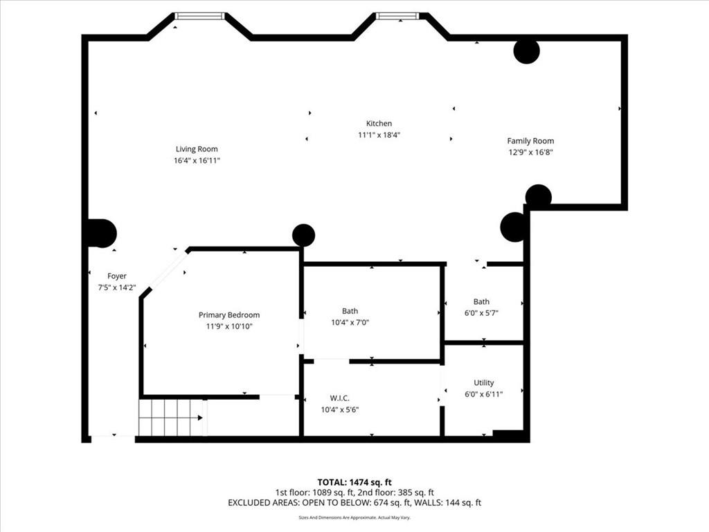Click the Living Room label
click(x=197, y=149)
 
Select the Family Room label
click(x=530, y=141)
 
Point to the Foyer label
click(x=117, y=276)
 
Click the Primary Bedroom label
click(x=229, y=315)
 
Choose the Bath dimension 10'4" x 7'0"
click(x=350, y=322)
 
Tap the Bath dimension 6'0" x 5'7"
click(x=481, y=312)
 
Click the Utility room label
click(x=483, y=382)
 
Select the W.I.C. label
click(x=339, y=398)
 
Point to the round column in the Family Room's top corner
click(x=526, y=51)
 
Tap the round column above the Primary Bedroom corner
click(x=303, y=236)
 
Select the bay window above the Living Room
click(x=199, y=16)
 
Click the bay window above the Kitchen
click(x=397, y=16)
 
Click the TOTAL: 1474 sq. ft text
click(x=354, y=481)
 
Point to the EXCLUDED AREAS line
click(x=354, y=502)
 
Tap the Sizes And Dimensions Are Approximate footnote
click(x=354, y=517)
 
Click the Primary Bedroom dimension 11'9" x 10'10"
click(x=229, y=326)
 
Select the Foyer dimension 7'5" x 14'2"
click(x=117, y=287)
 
